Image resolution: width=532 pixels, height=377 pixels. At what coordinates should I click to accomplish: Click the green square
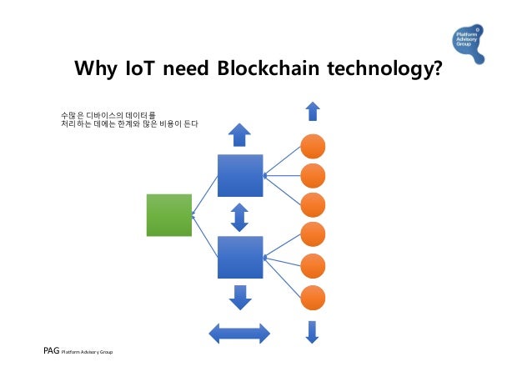169,215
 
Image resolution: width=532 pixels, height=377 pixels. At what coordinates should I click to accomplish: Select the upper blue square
239,176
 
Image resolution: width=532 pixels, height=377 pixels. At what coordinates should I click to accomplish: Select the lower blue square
239,257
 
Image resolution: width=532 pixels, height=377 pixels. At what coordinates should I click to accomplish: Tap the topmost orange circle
312,145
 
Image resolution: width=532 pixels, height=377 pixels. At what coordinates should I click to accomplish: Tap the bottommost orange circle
312,297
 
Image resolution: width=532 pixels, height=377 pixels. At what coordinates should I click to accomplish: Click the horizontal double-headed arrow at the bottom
239,333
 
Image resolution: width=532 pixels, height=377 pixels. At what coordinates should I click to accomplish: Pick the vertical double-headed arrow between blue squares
239,217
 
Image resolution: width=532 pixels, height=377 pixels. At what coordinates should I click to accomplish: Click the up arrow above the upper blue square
239,135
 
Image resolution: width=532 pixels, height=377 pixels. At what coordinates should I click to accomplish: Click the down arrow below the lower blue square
240,297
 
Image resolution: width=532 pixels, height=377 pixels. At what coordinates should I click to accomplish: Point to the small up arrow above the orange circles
312,113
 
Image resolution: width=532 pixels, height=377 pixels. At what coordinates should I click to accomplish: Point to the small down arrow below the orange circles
312,331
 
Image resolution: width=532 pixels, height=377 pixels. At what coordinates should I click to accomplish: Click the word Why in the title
96,68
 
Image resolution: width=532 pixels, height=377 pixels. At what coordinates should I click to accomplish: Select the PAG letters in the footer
51,351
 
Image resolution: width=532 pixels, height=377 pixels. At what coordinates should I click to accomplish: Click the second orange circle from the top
312,175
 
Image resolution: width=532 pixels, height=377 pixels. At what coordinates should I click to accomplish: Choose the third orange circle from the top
312,204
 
